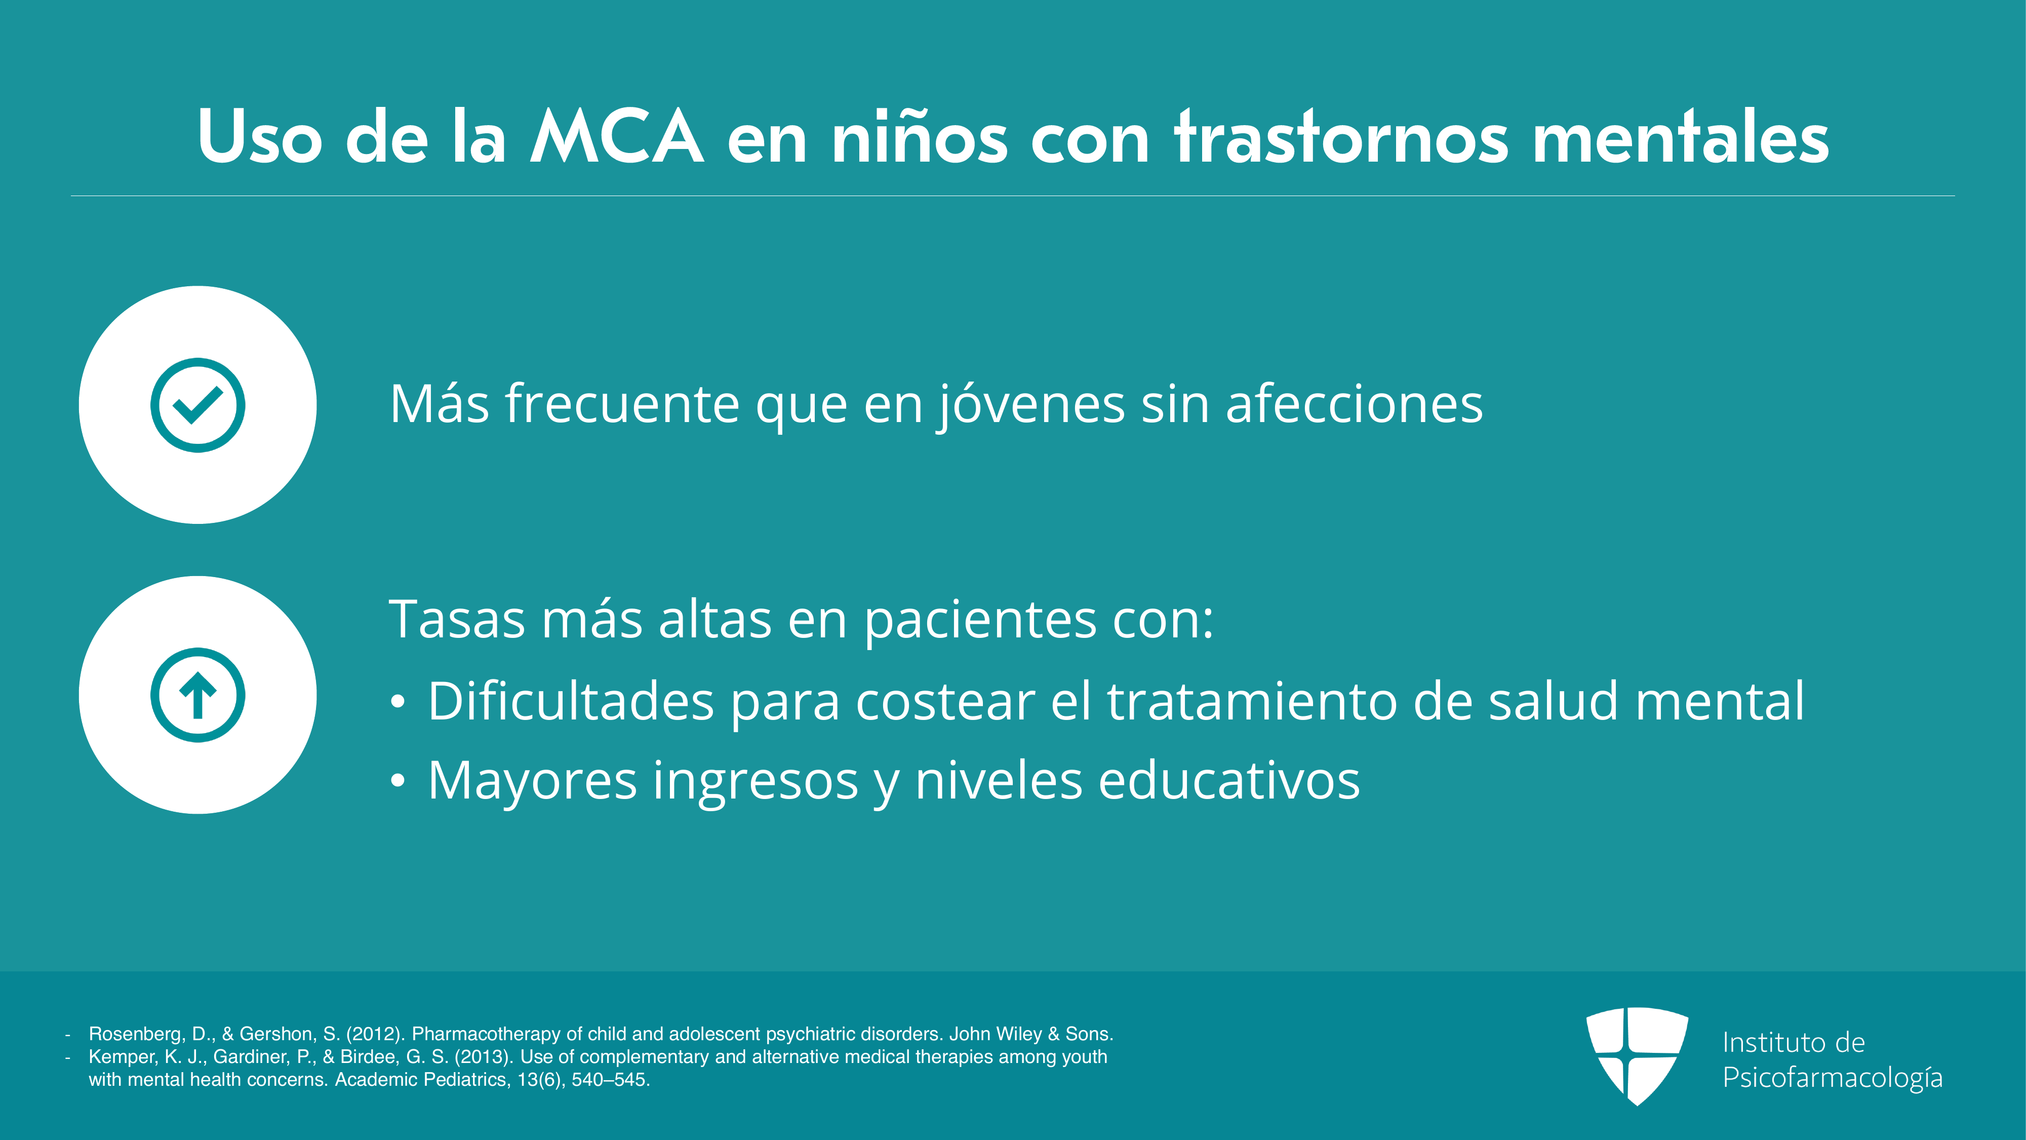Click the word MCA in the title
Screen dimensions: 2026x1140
coord(617,137)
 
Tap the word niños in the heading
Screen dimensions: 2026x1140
coord(919,137)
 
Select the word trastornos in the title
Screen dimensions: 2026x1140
coord(1341,137)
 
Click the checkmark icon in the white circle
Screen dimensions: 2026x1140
coord(197,405)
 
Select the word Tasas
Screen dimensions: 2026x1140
coord(457,620)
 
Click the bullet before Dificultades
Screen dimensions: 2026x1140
coord(399,701)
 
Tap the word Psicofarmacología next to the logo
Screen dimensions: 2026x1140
coord(1833,1078)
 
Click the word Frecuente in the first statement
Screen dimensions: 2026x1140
coord(621,404)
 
